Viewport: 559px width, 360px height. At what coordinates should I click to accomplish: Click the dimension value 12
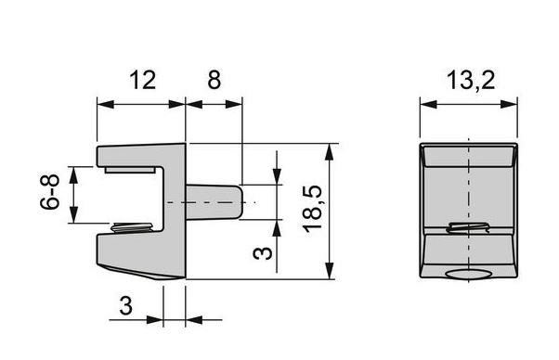(141, 80)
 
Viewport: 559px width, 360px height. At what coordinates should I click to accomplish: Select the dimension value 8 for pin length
(214, 80)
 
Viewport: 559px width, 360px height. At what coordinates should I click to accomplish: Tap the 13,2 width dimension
(468, 80)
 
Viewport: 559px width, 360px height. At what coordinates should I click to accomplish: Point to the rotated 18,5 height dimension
(313, 210)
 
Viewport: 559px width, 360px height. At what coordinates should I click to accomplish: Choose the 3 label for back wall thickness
(126, 305)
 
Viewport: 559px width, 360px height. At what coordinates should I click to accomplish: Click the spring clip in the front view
(464, 228)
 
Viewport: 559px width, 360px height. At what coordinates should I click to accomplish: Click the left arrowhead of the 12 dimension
(102, 104)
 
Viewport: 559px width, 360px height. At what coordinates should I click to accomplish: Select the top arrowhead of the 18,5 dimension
(329, 149)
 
